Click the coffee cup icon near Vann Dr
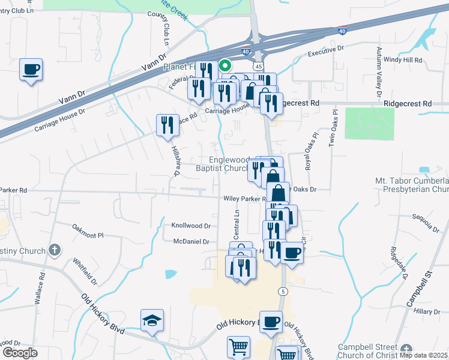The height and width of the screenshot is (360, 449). [30, 70]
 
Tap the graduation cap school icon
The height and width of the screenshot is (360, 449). [152, 321]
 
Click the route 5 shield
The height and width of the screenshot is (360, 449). [282, 291]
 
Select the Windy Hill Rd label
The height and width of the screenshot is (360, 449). [403, 60]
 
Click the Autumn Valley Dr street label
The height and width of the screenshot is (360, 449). [379, 72]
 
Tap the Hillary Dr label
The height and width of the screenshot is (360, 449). [427, 312]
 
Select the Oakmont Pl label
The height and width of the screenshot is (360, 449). [88, 231]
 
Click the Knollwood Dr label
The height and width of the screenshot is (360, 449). [191, 226]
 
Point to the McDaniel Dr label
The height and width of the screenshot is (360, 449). [190, 241]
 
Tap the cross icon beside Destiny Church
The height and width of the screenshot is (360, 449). [55, 250]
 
